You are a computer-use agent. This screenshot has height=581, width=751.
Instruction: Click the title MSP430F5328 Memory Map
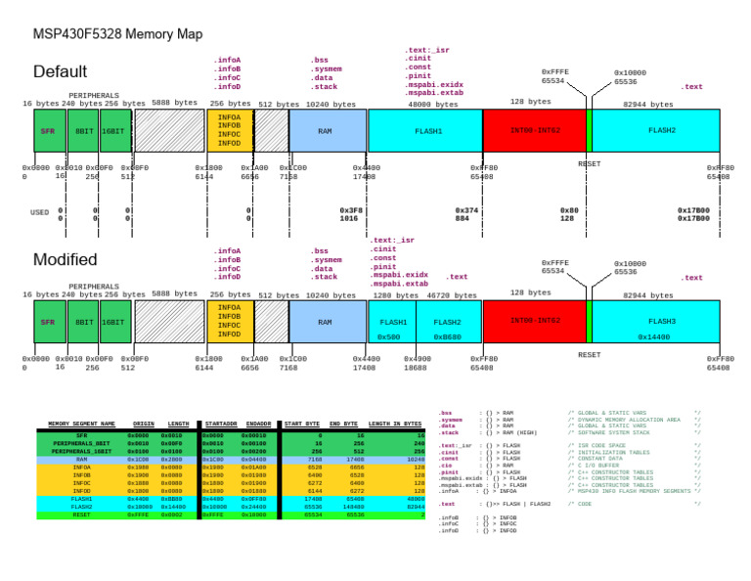[x=117, y=34]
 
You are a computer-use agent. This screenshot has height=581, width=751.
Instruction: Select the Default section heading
[x=60, y=72]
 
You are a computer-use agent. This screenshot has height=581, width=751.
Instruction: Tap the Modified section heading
[x=65, y=260]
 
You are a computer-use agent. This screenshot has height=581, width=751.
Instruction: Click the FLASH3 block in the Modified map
[x=662, y=321]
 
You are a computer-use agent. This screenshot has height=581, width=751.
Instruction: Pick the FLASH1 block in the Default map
[x=428, y=130]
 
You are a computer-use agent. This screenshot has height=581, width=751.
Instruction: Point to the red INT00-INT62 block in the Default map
[x=535, y=130]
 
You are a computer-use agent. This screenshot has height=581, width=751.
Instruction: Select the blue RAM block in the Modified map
[x=325, y=322]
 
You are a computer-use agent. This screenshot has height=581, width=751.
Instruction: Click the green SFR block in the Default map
[x=48, y=130]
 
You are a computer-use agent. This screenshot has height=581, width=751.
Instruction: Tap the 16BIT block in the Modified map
[x=113, y=322]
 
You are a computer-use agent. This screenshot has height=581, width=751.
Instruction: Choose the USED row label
[x=39, y=212]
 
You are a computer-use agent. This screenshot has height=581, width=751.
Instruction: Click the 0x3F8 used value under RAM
[x=349, y=210]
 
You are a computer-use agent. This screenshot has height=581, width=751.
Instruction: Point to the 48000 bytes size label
[x=432, y=104]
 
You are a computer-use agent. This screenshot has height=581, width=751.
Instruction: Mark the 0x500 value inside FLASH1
[x=388, y=336]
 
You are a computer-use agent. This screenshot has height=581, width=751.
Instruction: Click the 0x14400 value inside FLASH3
[x=654, y=336]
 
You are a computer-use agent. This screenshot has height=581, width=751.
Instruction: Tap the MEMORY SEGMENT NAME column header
[x=81, y=424]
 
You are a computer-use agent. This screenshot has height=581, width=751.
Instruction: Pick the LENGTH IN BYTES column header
[x=394, y=424]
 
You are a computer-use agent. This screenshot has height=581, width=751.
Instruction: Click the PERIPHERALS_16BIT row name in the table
[x=81, y=451]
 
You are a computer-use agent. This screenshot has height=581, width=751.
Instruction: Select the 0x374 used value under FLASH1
[x=466, y=210]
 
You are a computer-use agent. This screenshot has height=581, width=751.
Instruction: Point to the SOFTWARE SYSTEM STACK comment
[x=608, y=432]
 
